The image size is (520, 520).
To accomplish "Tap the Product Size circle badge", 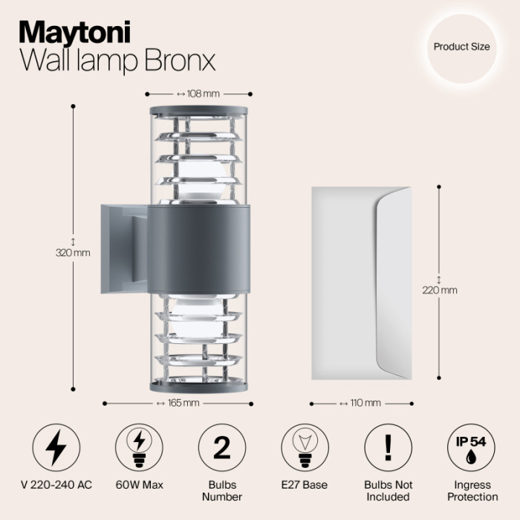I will (461, 47).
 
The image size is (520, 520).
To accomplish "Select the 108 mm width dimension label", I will (198, 94).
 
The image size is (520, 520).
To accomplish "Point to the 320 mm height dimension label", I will (73, 252).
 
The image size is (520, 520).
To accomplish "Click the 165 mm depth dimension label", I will (178, 403).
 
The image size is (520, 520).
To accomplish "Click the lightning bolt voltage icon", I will (56, 449).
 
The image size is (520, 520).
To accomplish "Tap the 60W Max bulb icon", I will (139, 449).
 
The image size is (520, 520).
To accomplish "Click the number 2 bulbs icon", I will (221, 449).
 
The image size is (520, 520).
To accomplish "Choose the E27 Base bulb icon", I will (305, 449).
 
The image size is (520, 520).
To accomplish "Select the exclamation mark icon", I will (387, 449).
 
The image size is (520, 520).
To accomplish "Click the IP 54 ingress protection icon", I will (470, 449).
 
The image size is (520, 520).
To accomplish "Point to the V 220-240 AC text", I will (56, 485).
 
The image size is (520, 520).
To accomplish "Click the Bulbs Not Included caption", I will (387, 490).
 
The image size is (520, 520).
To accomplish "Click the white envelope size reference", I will (360, 282).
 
